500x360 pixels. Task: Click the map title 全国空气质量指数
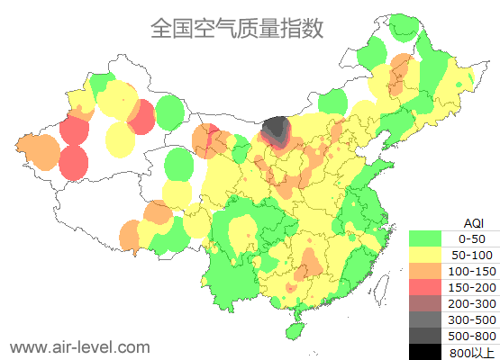pos(237,28)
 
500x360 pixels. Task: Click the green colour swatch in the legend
pos(426,238)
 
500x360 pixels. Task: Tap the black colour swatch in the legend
pos(426,352)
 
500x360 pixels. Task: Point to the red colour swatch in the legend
pos(426,287)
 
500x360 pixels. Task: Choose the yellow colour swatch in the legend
pos(426,255)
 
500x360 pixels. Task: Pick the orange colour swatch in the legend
pos(426,271)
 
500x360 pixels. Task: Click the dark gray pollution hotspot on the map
pos(277,130)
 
